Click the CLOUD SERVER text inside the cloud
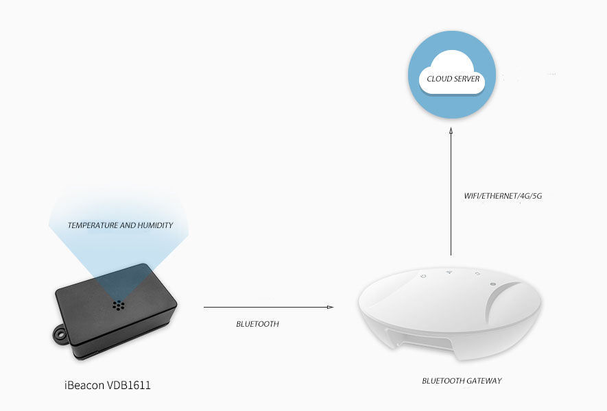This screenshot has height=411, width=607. coord(453,79)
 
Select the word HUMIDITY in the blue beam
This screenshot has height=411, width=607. coord(154,225)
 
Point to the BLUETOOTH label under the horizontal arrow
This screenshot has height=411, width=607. coord(257,324)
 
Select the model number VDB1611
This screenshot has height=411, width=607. coord(128,386)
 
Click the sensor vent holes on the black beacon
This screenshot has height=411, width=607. coord(118,303)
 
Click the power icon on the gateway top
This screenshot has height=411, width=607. coord(424,276)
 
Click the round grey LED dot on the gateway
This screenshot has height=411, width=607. coord(493,284)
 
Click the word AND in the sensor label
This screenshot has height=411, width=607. coord(128,225)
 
